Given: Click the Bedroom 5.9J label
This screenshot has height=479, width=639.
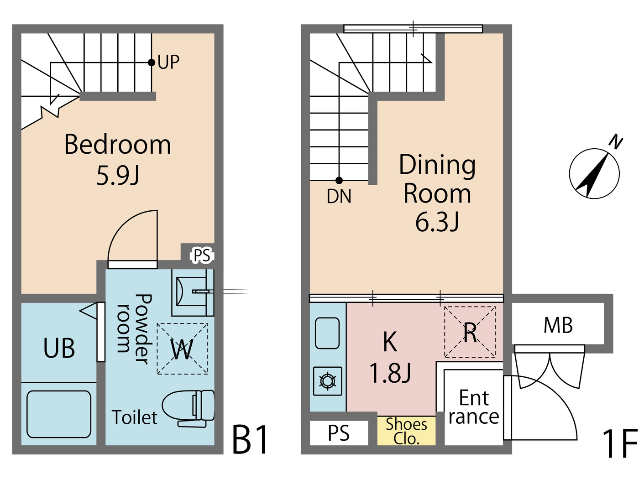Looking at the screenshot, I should [117, 160].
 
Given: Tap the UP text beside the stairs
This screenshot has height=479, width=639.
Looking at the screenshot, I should [168, 62].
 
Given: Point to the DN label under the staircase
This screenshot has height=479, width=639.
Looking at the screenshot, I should [339, 197].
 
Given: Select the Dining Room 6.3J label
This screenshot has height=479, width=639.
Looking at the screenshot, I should [437, 193].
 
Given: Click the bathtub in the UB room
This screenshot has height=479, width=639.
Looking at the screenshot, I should [59, 414].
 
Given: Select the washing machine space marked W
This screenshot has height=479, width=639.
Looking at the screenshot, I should [182, 349].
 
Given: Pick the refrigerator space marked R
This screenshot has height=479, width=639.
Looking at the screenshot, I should [470, 332].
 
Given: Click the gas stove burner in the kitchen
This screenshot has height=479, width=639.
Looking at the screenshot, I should [328, 380].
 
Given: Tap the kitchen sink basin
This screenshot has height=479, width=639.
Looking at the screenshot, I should [327, 333].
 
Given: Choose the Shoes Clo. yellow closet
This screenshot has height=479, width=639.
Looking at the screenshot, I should [406, 431].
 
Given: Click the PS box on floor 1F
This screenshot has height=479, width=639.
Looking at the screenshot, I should [339, 433].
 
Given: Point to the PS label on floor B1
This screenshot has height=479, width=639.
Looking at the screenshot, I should [202, 255].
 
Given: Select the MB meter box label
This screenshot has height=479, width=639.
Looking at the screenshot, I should [558, 325].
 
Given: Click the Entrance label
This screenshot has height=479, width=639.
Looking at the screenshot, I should [473, 407].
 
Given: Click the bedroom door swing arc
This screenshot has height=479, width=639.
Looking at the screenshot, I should [132, 237].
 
